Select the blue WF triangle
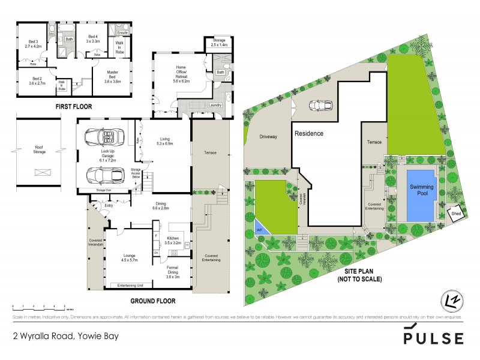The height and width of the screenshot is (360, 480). click(260, 228)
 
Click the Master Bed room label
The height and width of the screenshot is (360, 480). click(113, 76)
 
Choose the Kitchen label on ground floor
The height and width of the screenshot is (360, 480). click(173, 241)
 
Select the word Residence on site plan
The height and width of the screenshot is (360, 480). click(308, 133)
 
